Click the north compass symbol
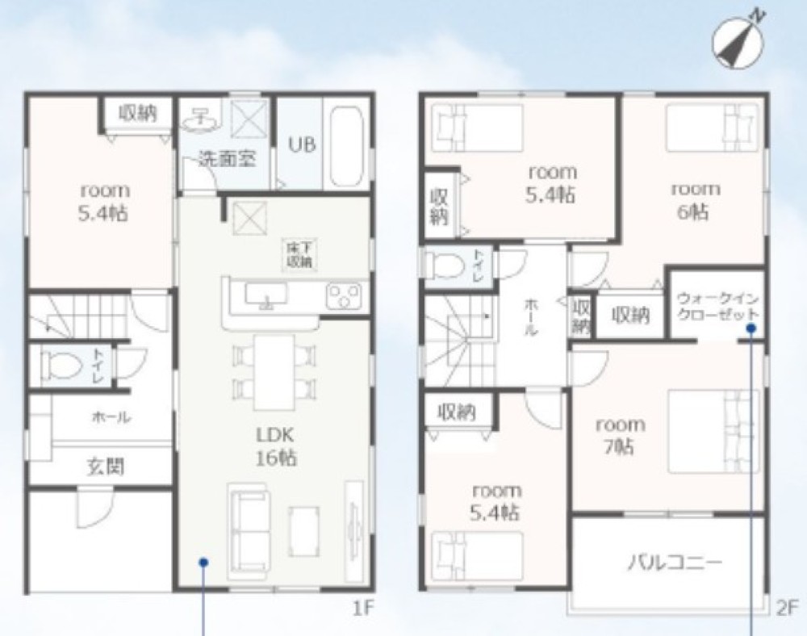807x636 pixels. [738, 44]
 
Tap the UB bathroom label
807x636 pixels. [302, 144]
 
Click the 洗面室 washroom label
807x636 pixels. [227, 158]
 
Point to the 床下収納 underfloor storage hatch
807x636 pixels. [299, 254]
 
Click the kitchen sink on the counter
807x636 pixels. [266, 295]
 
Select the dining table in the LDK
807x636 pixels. [274, 372]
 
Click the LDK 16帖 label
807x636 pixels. [275, 446]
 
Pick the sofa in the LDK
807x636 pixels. [249, 533]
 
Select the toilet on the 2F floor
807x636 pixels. [444, 266]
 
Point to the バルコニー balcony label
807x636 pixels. [674, 563]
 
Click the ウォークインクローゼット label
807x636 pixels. [718, 307]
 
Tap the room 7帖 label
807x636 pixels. [619, 436]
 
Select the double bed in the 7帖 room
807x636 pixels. [713, 432]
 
